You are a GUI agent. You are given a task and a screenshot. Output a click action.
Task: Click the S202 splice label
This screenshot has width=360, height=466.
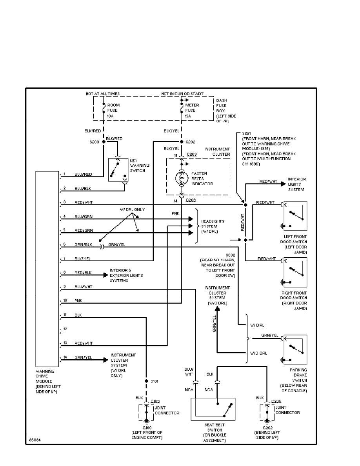[191, 142]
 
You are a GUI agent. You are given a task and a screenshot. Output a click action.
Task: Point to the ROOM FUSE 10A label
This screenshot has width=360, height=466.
[113, 110]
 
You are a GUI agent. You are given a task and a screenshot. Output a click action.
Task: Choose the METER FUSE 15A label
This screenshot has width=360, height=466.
[191, 110]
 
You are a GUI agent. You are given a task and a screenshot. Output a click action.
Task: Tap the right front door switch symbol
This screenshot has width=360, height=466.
[295, 271]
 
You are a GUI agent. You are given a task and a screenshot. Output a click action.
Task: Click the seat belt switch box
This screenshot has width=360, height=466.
[213, 410]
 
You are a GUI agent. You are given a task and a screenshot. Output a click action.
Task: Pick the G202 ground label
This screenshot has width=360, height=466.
[267, 428]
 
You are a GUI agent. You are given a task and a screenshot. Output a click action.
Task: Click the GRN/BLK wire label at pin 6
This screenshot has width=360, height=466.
[83, 244]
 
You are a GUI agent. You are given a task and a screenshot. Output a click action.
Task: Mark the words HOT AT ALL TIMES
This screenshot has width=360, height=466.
[102, 94]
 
